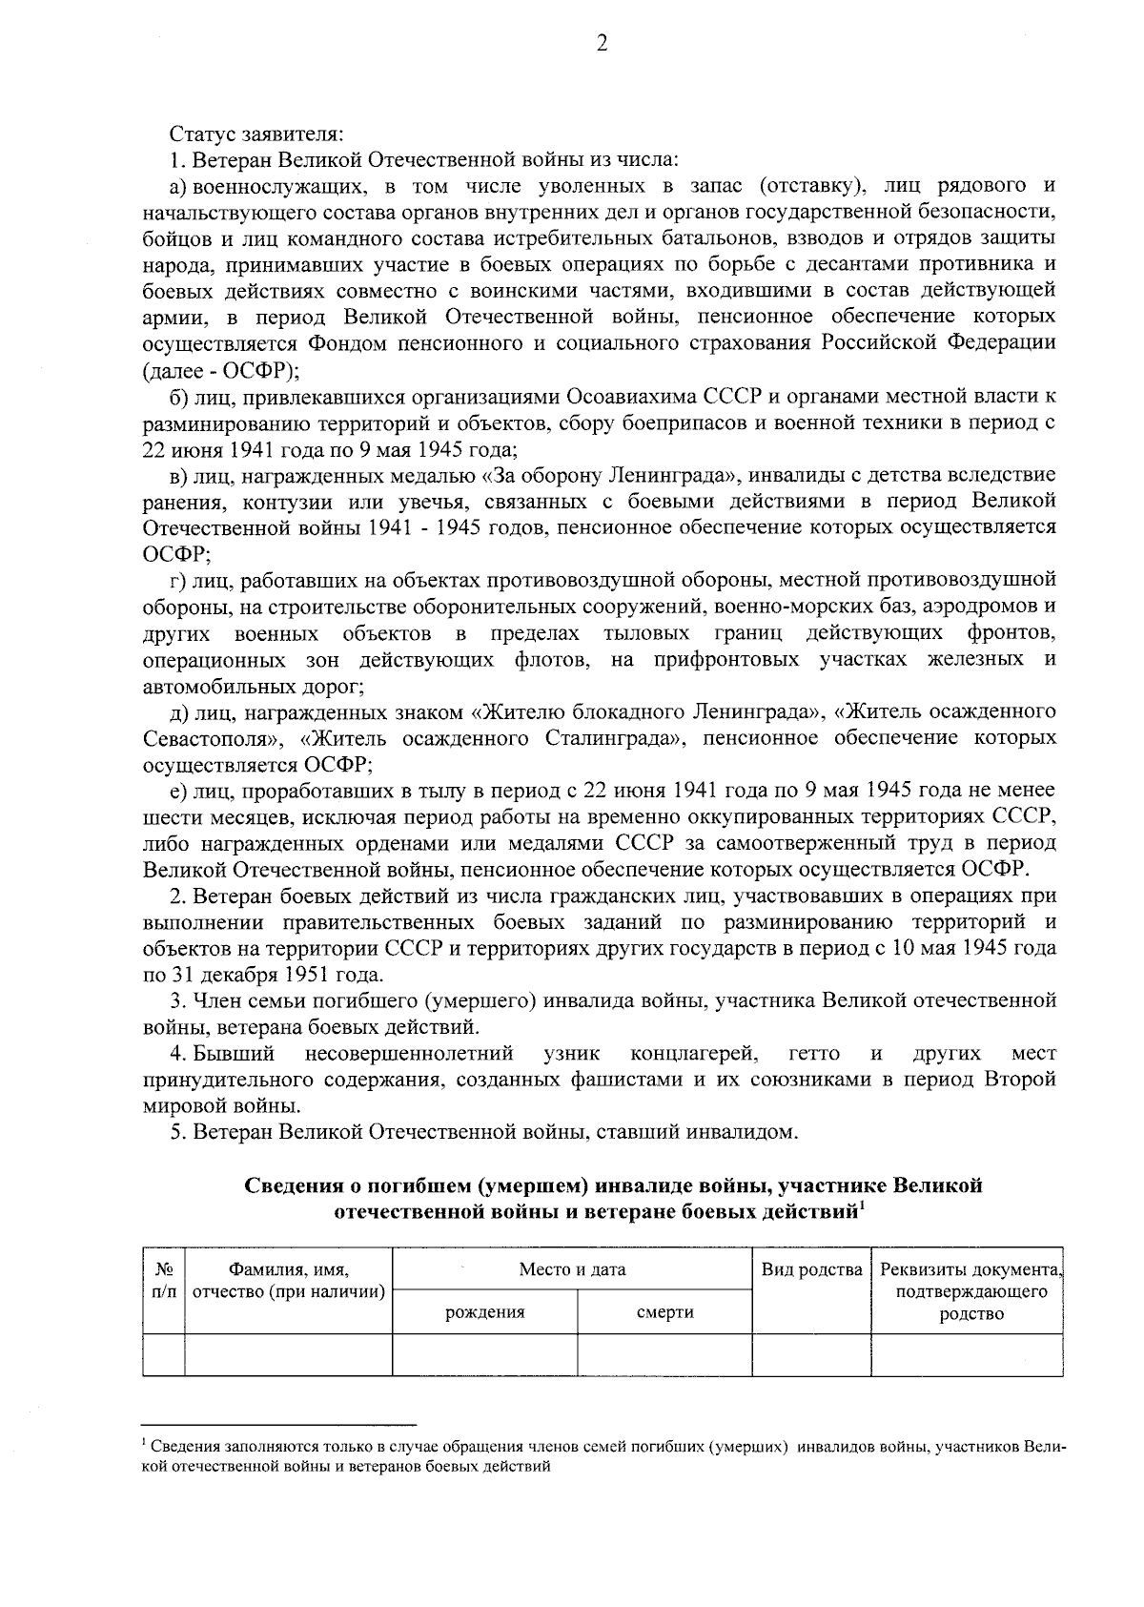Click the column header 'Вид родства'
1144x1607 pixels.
click(x=811, y=1269)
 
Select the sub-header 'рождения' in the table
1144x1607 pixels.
click(x=485, y=1312)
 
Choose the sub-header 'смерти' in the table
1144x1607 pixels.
click(x=664, y=1312)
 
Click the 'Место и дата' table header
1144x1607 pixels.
click(x=572, y=1269)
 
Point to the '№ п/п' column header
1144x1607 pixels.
click(x=163, y=1280)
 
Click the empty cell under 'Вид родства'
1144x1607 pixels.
click(x=811, y=1355)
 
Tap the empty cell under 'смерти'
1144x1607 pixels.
click(x=664, y=1355)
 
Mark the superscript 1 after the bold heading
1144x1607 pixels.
click(x=862, y=1207)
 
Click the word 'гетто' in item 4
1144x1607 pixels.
click(x=815, y=1054)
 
